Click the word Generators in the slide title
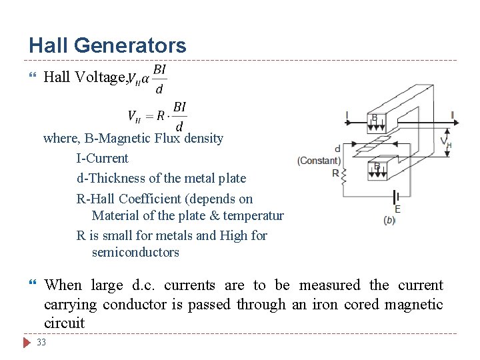point(130,45)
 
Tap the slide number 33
point(41,343)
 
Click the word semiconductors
point(135,253)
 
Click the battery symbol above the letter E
point(397,197)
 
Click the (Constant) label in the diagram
point(319,161)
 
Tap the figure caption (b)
point(389,220)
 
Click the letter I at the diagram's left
point(347,117)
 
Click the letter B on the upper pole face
point(375,118)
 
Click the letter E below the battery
point(397,209)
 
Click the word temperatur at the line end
point(255,215)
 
